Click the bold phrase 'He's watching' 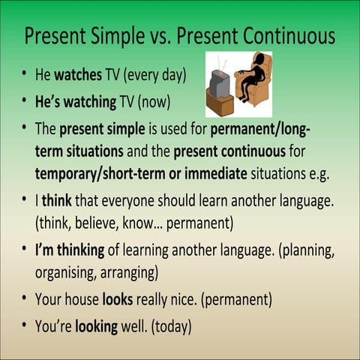click(x=75, y=100)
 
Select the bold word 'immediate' click(x=217, y=173)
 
